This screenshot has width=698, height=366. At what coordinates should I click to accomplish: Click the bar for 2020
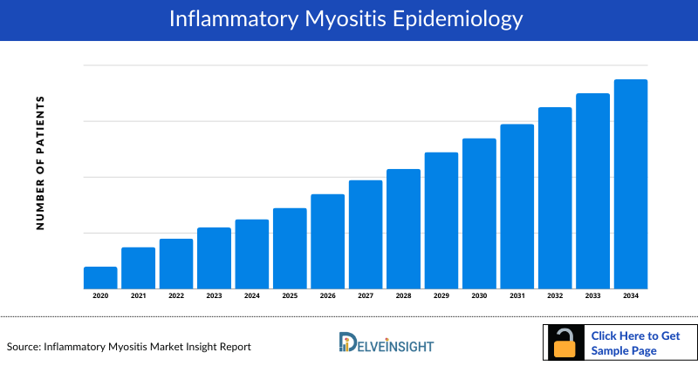tap(100, 277)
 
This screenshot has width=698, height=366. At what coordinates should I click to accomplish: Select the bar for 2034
tap(631, 184)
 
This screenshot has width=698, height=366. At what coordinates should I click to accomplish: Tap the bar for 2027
tap(366, 234)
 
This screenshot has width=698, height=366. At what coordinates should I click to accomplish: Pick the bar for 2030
tap(479, 213)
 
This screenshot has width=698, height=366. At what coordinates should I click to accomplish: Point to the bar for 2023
tap(214, 258)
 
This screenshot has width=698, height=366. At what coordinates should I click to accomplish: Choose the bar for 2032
tap(555, 198)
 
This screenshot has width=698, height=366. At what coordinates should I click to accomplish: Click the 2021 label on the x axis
tap(138, 296)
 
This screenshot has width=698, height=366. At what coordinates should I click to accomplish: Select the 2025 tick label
tap(290, 296)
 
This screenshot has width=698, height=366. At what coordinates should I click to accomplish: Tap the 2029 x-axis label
tap(441, 296)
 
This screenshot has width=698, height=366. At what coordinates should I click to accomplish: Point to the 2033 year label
tap(593, 296)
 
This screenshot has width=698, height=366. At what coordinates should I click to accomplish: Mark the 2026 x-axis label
tap(327, 296)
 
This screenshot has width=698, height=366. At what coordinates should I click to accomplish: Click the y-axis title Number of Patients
tap(39, 163)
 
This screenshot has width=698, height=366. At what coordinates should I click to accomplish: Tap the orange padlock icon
tap(566, 344)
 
